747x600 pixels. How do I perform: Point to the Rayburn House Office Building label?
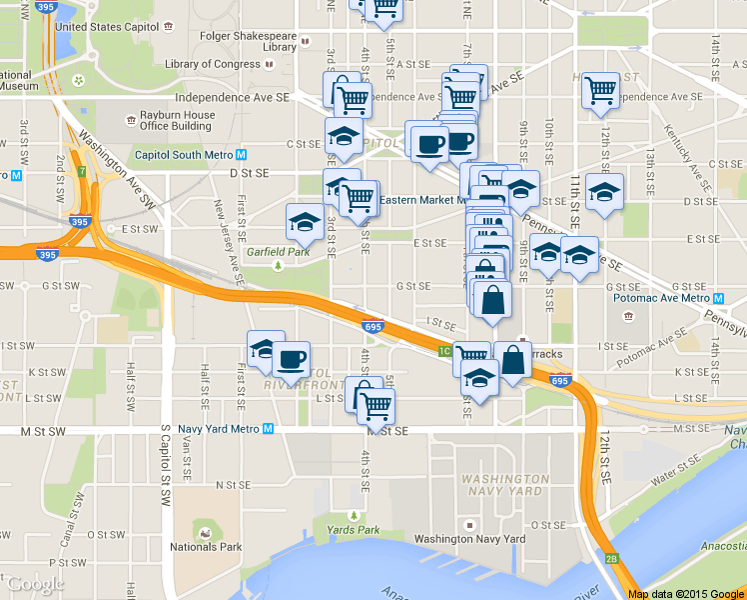(x=177, y=121)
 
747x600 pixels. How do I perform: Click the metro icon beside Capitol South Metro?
(x=242, y=155)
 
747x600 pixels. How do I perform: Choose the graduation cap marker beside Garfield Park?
(x=305, y=222)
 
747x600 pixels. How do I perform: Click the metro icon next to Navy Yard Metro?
(x=268, y=430)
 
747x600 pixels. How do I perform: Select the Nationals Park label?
(x=207, y=547)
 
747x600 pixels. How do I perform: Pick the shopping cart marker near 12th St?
(x=601, y=91)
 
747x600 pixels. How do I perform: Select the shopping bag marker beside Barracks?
(x=512, y=360)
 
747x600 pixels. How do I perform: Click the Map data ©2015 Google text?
(x=685, y=593)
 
